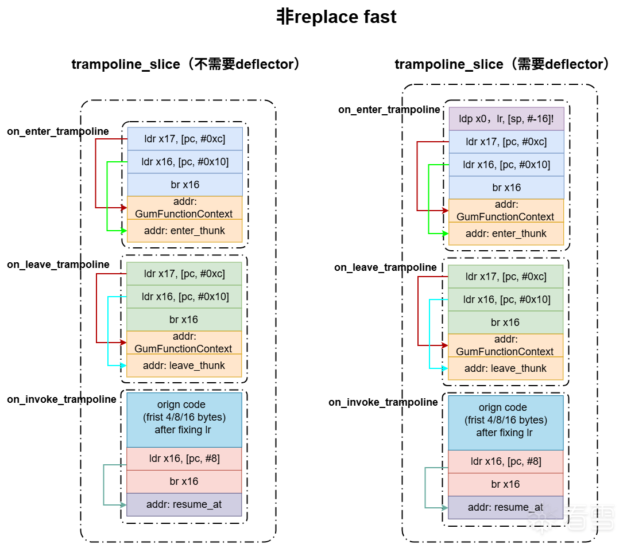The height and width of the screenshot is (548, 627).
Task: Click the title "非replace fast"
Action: click(x=336, y=17)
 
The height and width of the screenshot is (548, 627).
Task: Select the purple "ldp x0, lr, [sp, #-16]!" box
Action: click(x=506, y=119)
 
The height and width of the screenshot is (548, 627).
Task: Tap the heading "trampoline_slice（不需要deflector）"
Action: click(x=186, y=64)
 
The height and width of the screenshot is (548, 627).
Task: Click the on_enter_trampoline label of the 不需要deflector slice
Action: click(x=58, y=131)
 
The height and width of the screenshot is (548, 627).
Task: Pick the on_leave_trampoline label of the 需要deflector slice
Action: click(x=385, y=267)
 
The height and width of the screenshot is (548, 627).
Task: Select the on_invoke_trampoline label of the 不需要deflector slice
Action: click(x=61, y=399)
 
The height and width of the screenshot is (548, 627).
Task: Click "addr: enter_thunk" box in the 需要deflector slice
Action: click(x=506, y=234)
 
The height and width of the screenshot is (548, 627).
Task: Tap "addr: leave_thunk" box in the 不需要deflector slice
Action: click(x=184, y=366)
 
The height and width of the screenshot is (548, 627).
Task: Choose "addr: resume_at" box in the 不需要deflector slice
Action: click(x=184, y=504)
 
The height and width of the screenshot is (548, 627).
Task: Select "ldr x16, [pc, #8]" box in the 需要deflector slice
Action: click(x=506, y=461)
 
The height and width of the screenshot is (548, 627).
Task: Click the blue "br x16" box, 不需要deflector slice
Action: click(x=184, y=185)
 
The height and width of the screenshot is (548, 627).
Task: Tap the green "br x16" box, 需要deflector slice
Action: click(x=505, y=322)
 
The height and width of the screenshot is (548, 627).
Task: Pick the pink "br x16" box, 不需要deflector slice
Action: click(x=184, y=481)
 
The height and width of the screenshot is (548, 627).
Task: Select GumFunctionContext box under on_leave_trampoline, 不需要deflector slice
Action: click(x=184, y=343)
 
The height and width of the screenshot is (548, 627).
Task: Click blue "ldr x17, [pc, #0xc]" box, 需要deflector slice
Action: click(x=506, y=142)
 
